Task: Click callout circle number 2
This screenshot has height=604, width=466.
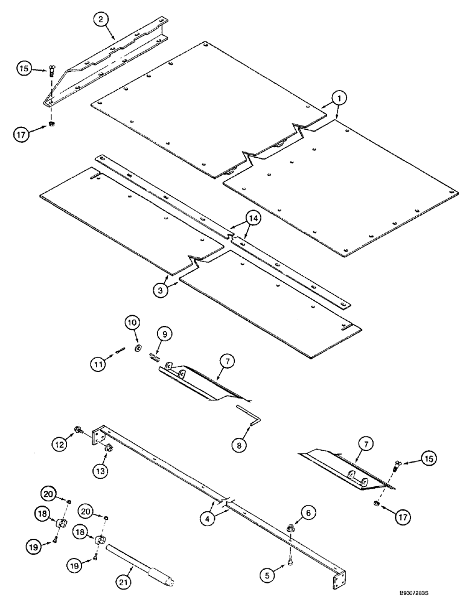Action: tap(102, 19)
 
